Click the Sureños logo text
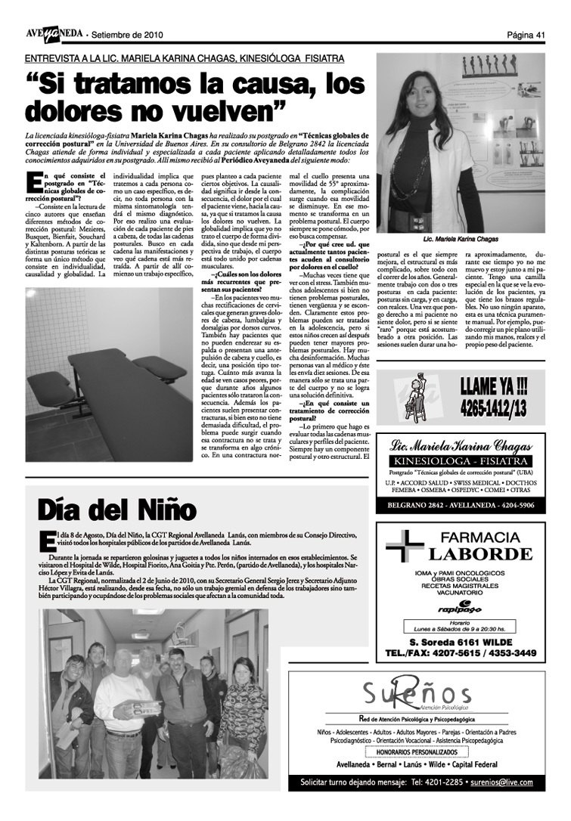coord(416,693)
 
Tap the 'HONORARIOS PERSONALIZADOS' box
coord(417,753)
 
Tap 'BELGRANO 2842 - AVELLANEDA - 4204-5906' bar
coord(461,505)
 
